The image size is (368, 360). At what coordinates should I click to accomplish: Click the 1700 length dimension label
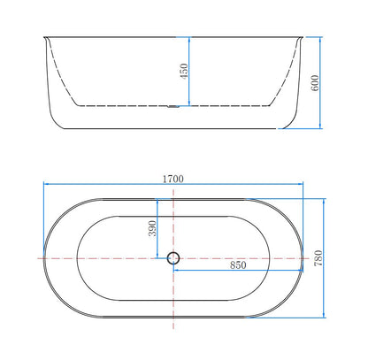point(173,179)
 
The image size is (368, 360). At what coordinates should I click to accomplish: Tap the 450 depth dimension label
point(184,71)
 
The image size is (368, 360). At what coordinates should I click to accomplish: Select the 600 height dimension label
point(315,83)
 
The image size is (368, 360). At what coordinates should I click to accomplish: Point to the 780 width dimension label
point(318,258)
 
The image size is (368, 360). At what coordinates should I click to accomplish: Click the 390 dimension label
point(152,228)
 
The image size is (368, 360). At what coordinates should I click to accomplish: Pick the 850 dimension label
point(238,265)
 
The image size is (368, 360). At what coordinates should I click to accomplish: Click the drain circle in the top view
point(173,258)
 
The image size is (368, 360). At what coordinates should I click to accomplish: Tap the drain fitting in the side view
point(173,107)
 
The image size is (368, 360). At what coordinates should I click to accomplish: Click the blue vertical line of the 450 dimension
point(189,72)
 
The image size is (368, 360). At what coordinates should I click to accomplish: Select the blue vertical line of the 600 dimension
point(320,83)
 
